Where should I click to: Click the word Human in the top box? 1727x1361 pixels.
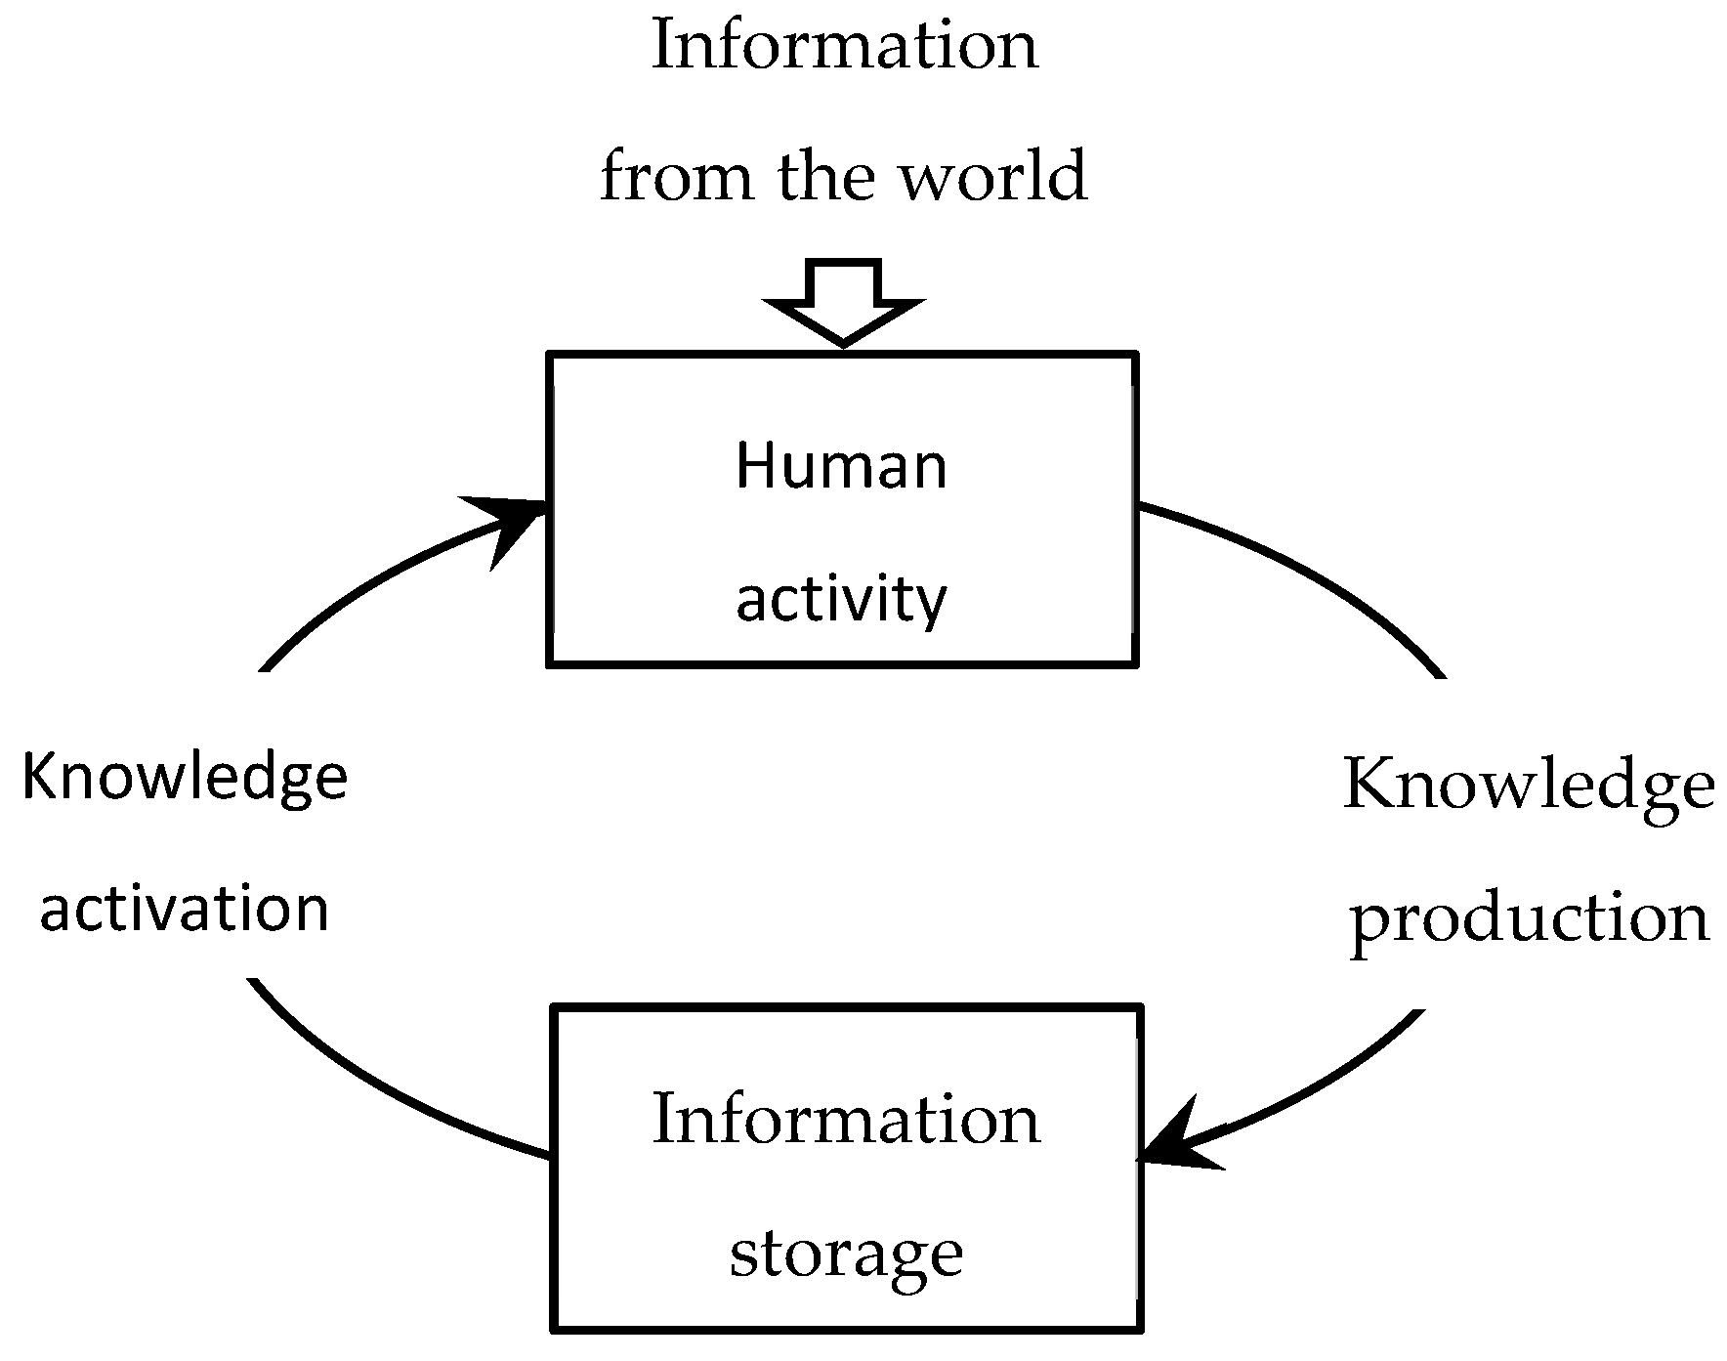(841, 466)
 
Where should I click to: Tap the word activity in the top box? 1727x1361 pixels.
(841, 598)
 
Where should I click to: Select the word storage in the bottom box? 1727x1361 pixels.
(846, 1254)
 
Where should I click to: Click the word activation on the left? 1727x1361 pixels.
(184, 909)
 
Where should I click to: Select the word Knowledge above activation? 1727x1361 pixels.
(185, 778)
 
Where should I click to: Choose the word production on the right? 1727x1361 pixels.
(1530, 919)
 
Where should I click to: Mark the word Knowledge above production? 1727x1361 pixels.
(1529, 787)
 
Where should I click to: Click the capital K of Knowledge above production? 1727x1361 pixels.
(1371, 785)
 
